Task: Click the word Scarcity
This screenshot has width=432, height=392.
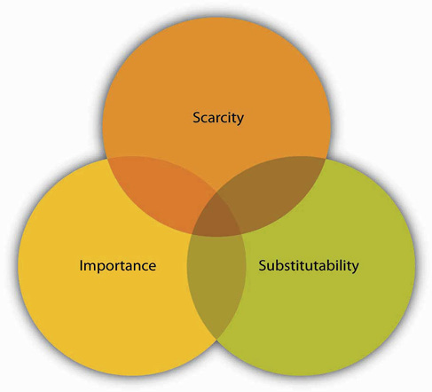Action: click(x=218, y=118)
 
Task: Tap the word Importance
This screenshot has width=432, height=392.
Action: click(x=118, y=265)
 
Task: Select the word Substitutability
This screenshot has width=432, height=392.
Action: click(x=309, y=265)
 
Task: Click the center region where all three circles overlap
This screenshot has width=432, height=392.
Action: click(x=218, y=215)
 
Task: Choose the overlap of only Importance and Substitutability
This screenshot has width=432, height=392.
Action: click(x=216, y=284)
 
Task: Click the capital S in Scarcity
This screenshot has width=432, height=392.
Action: click(x=196, y=117)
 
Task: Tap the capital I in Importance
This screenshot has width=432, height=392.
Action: click(x=81, y=265)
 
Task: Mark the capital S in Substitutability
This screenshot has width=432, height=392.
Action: click(x=263, y=265)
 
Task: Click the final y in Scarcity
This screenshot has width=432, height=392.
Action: click(x=240, y=120)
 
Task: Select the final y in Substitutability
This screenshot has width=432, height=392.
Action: click(x=355, y=268)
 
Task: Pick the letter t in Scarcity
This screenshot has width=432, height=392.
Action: click(x=233, y=118)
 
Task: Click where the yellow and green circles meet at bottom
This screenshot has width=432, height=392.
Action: click(x=216, y=340)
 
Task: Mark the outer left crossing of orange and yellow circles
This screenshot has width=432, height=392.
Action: click(x=106, y=158)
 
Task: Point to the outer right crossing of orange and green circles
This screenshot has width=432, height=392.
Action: click(x=326, y=159)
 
